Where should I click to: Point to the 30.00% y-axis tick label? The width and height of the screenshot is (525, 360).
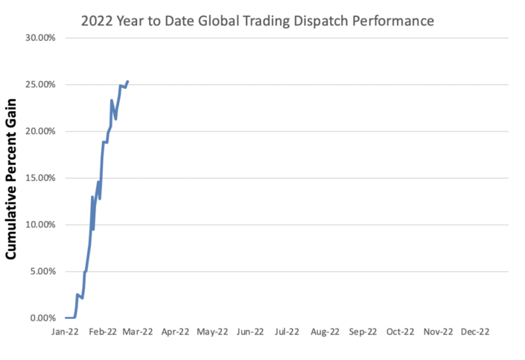point(42,37)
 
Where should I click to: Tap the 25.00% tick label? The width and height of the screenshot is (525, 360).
point(42,84)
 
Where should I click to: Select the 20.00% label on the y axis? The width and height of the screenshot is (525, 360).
point(42,131)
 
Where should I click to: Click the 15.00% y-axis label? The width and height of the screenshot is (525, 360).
point(42,178)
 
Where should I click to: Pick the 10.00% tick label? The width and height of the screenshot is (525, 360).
point(42,224)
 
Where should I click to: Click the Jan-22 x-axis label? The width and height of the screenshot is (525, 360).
point(66,333)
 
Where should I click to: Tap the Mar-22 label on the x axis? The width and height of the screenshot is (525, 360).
point(138,333)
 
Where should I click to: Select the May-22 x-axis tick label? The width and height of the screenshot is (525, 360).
point(212,333)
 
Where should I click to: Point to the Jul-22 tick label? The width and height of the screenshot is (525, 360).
point(287,333)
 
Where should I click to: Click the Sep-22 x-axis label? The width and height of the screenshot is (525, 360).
point(363,333)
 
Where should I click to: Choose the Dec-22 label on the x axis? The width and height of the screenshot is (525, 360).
point(475,333)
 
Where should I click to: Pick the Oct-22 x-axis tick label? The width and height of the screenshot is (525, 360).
point(400,333)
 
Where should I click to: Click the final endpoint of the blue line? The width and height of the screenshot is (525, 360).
point(127,81)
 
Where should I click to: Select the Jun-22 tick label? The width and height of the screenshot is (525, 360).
point(249,333)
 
